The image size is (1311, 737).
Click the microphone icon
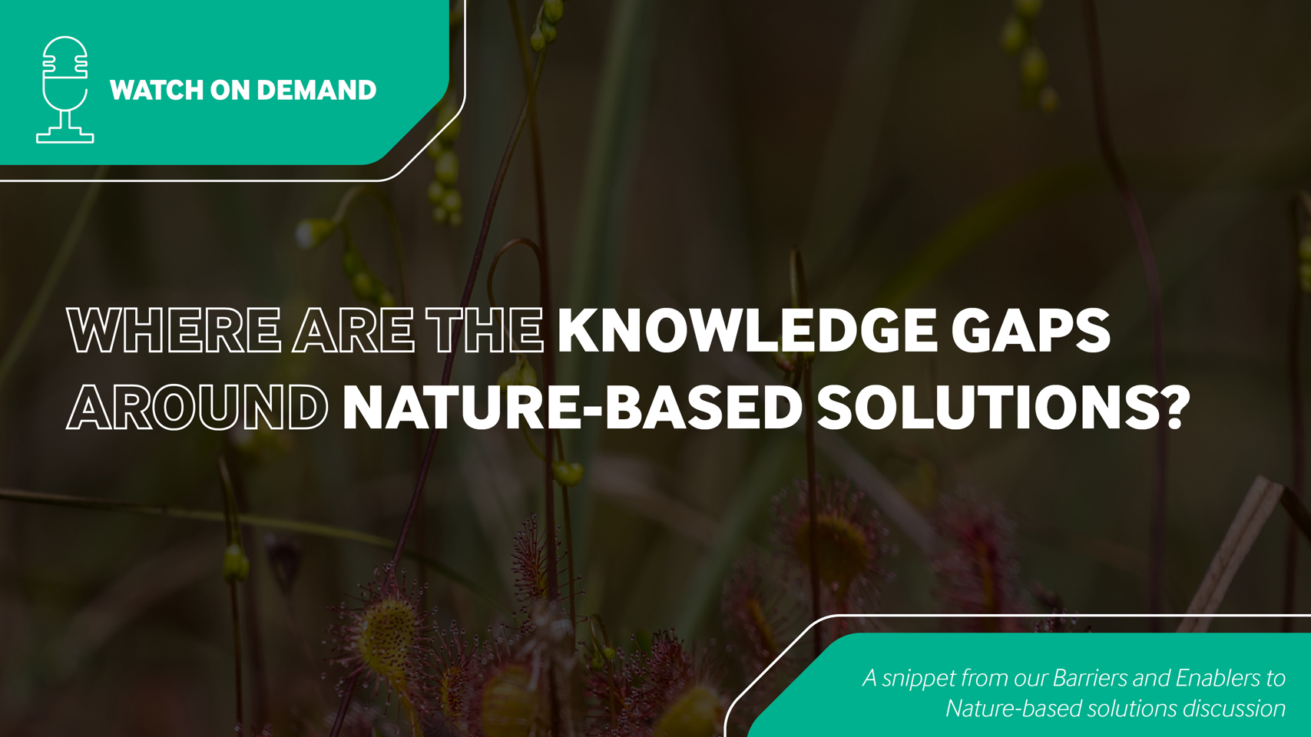[65, 90]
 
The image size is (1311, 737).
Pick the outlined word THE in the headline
[485, 330]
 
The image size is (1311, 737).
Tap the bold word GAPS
[1031, 330]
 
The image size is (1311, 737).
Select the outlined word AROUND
[197, 407]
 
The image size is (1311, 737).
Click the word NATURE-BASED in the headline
[572, 407]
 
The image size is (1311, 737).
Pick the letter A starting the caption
[869, 678]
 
